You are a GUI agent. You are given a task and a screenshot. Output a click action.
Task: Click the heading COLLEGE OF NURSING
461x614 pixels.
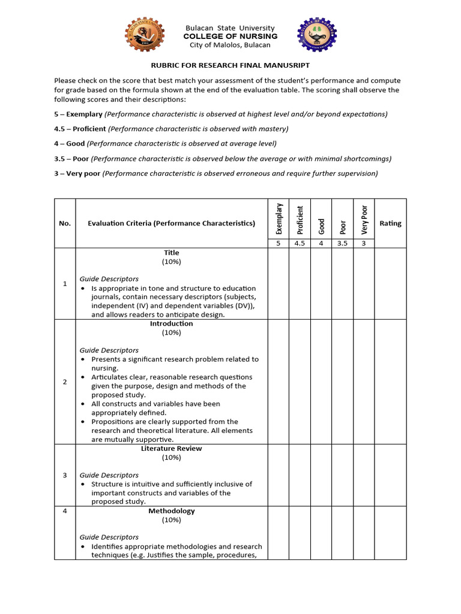(x=230, y=37)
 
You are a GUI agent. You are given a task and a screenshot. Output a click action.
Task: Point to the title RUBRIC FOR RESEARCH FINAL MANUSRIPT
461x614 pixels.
(x=230, y=65)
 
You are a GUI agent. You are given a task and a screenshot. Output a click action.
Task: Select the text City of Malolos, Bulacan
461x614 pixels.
(x=230, y=45)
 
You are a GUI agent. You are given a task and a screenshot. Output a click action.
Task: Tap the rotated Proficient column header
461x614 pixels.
(x=300, y=220)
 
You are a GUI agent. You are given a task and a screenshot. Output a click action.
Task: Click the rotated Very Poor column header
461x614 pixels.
(x=363, y=219)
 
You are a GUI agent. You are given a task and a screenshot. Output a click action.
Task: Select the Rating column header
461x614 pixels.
(x=390, y=223)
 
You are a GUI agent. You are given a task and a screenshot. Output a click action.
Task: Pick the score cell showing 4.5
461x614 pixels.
(x=300, y=243)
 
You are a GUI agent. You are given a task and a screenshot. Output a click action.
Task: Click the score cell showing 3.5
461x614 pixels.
(x=342, y=243)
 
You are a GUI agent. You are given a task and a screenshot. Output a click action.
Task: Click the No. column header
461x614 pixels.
(x=65, y=223)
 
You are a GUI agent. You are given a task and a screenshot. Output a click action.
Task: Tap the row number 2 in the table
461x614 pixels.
(x=65, y=382)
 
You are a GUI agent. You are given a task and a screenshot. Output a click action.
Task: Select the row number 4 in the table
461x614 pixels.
(x=65, y=511)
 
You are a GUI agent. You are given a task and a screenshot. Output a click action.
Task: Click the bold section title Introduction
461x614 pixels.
(x=171, y=324)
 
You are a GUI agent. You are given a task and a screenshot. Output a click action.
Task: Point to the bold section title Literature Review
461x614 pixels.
(x=171, y=449)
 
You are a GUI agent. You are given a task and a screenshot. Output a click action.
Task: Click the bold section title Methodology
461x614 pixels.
(x=171, y=511)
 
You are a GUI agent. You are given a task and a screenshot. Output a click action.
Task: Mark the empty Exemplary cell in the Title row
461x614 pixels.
(x=278, y=284)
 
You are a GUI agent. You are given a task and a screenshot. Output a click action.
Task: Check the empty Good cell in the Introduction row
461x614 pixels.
(x=321, y=381)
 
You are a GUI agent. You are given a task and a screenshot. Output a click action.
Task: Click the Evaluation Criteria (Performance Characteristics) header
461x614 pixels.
(x=171, y=223)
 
